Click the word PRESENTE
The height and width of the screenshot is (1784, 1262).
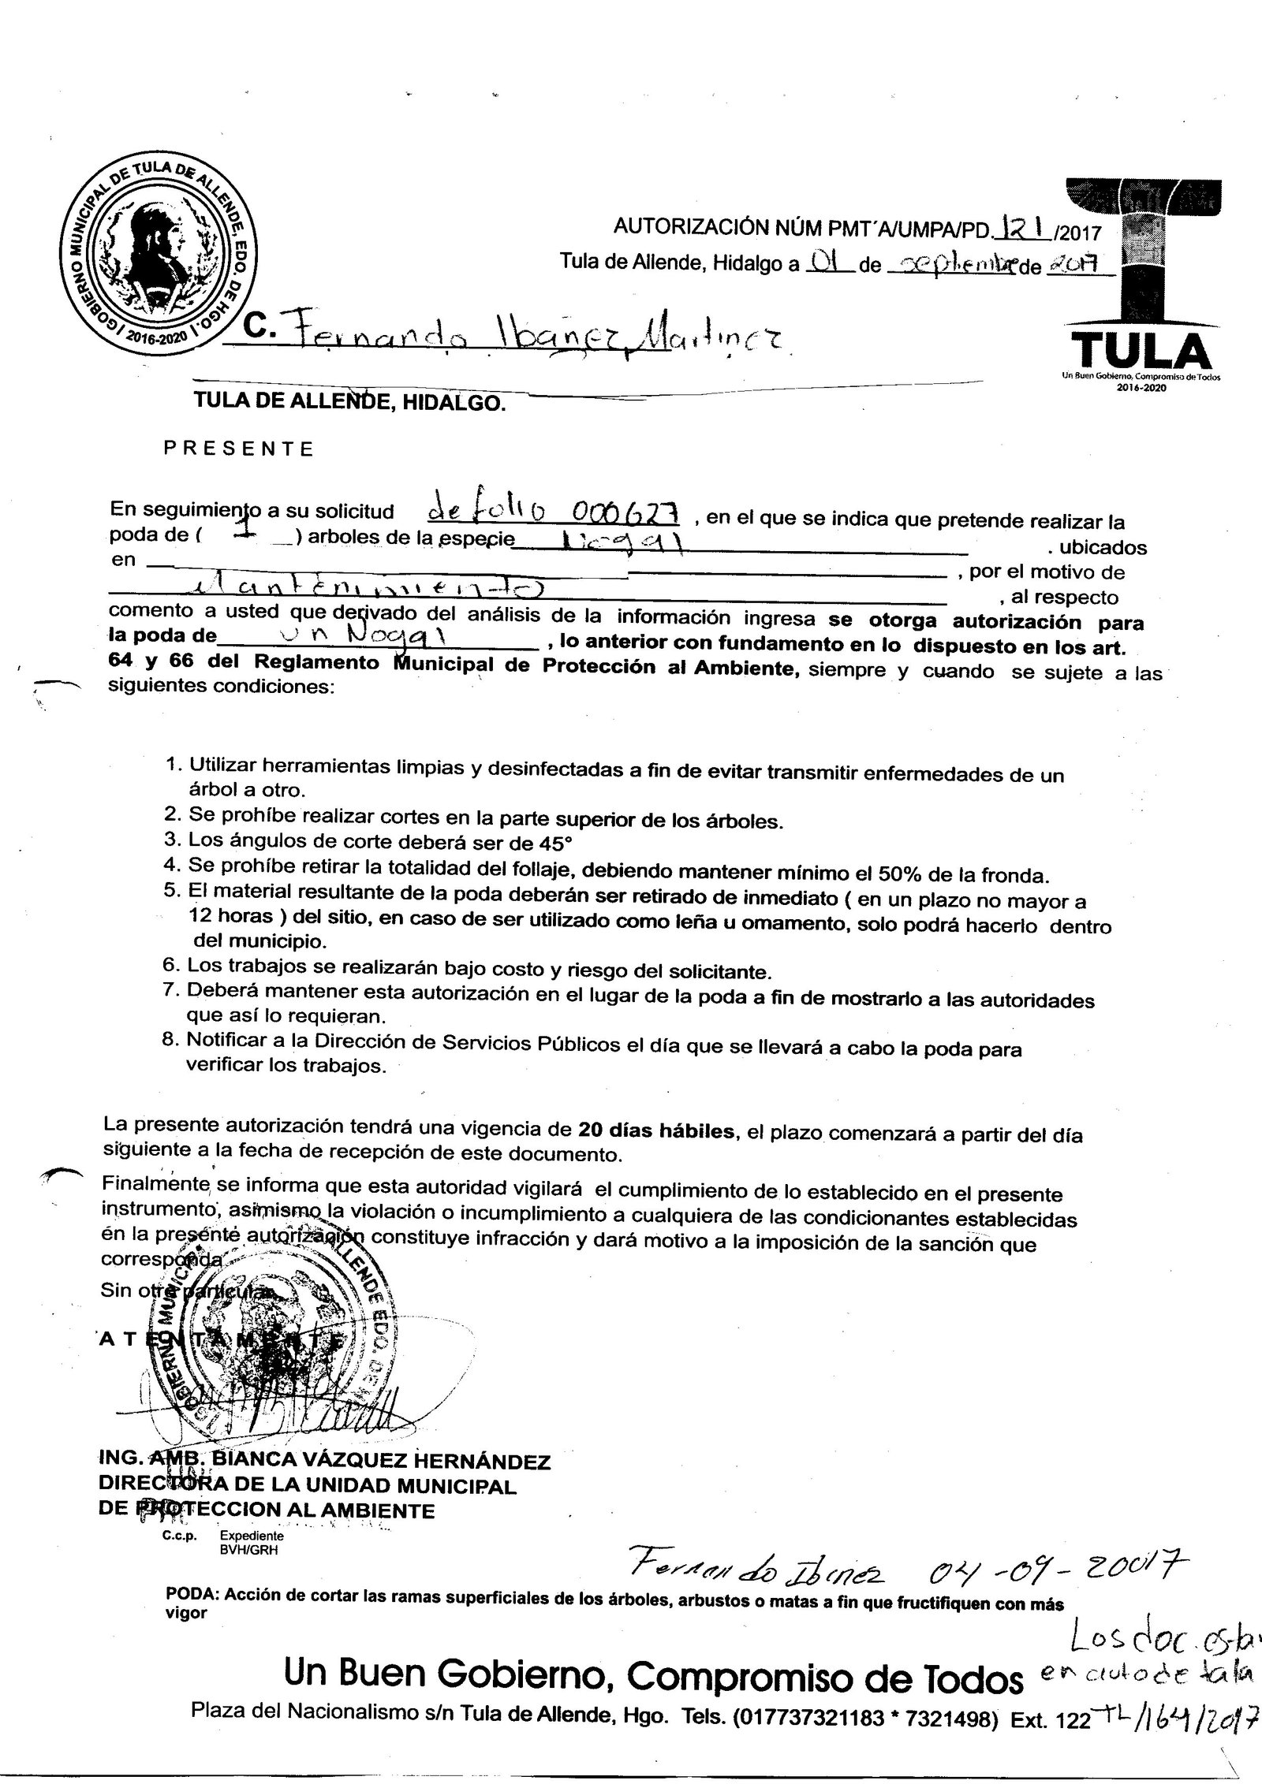click(238, 449)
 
